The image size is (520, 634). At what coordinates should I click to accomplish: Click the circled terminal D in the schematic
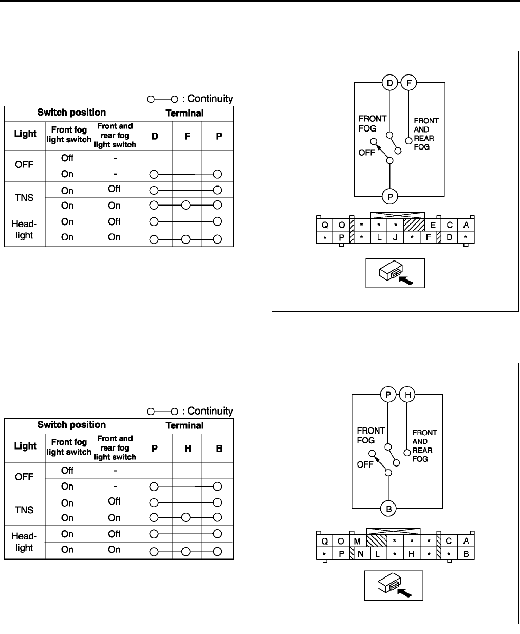389,82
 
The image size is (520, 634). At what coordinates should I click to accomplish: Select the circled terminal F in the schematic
409,82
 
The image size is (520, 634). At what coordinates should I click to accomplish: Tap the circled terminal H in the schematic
407,395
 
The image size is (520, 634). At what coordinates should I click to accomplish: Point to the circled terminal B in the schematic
389,509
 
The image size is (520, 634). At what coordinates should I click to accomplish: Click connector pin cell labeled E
433,225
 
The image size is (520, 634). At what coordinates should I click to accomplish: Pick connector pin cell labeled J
396,238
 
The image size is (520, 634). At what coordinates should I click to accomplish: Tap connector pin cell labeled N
361,554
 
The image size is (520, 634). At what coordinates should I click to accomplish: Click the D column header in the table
155,137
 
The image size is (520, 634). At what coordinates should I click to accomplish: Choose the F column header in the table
187,137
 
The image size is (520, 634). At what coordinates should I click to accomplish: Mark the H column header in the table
188,449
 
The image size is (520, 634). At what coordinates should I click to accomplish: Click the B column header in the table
219,449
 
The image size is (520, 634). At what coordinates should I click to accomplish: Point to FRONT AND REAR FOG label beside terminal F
426,134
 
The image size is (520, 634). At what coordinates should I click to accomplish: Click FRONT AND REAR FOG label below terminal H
424,446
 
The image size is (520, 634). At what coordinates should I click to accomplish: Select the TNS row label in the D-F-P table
25,197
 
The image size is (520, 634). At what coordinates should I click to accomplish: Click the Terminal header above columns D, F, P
185,113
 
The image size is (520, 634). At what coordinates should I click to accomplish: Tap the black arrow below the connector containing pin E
406,281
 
